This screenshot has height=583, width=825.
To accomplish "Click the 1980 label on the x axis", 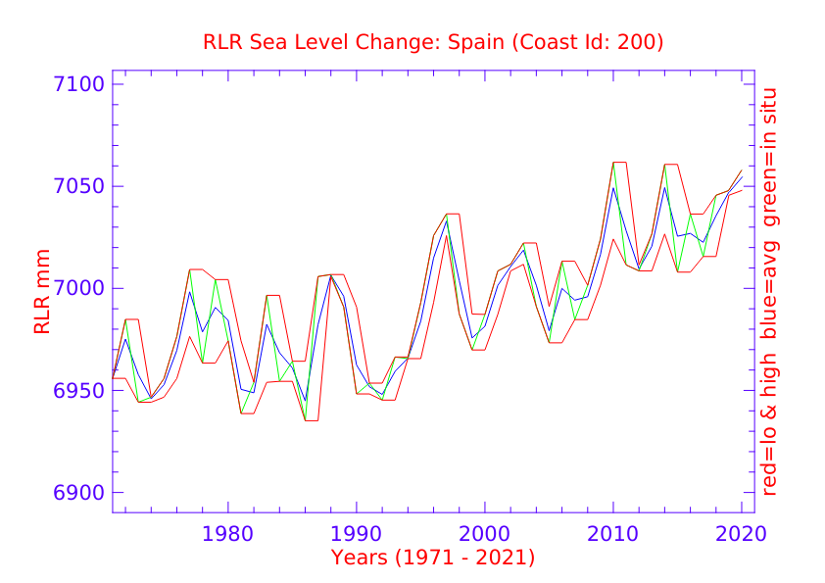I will [x=228, y=534].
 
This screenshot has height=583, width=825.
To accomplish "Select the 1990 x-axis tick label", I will [x=356, y=534].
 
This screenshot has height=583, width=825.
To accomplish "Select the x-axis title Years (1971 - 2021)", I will [x=433, y=559].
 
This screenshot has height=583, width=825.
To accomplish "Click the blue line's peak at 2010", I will [x=613, y=187].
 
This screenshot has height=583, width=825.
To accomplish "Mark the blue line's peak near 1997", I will [x=447, y=219].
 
